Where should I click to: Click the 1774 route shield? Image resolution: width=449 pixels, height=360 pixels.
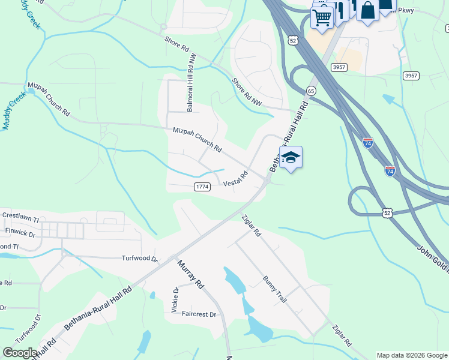(x=202, y=187)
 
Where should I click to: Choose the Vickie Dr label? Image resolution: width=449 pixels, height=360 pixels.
(x=176, y=298)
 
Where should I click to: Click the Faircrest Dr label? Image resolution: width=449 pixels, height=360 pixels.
(x=199, y=314)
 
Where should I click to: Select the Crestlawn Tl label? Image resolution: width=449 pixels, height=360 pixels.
(x=20, y=214)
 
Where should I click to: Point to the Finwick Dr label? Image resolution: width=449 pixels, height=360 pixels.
(x=20, y=230)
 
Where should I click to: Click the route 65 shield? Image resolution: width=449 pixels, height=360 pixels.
(x=310, y=91)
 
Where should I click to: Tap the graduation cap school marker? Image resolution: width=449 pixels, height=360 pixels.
(x=291, y=157)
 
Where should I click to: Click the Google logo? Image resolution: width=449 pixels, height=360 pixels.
(x=20, y=353)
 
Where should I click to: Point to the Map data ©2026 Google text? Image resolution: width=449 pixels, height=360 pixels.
(x=411, y=355)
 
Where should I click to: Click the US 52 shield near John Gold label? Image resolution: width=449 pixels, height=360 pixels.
(x=388, y=212)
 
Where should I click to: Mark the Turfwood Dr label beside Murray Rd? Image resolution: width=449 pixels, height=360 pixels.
(x=139, y=259)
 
